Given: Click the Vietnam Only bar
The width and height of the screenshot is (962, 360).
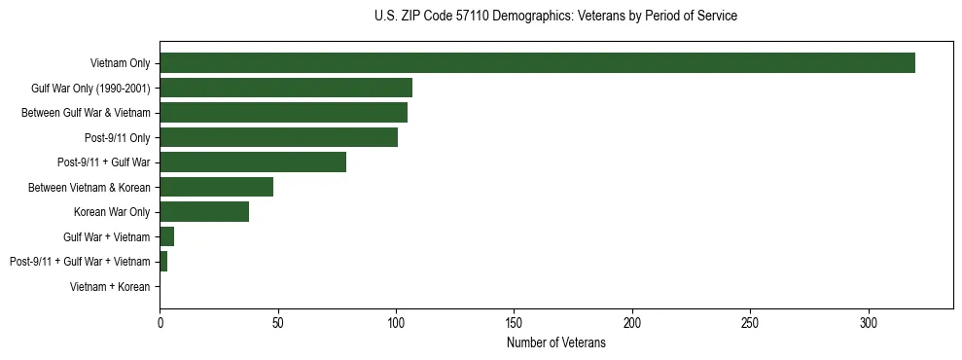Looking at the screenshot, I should coord(537,63).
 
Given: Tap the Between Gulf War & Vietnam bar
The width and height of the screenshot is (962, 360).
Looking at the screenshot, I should coord(283,113).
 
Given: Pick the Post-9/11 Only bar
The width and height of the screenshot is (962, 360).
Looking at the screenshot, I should coord(278,137).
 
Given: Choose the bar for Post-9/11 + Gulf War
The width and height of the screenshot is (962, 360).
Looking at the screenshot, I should coord(253,162).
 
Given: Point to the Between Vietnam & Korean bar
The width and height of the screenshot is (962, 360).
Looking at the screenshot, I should coord(216,187).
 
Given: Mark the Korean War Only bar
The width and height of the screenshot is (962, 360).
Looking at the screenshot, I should coord(204,212).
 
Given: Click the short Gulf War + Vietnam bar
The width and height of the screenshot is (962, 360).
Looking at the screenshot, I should coord(167,236).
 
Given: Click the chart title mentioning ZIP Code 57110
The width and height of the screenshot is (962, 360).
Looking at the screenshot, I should coord(555,17).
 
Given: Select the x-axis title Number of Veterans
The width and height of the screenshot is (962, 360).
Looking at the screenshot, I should coord(555,343).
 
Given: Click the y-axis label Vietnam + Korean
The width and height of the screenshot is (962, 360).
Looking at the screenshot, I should coord(110,287).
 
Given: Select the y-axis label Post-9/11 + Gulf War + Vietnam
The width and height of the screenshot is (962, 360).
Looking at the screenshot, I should coord(80,262).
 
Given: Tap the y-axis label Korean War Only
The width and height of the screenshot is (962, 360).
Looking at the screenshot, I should coord(112,212).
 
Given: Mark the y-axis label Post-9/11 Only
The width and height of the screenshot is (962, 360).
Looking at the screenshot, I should coord(118,137).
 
